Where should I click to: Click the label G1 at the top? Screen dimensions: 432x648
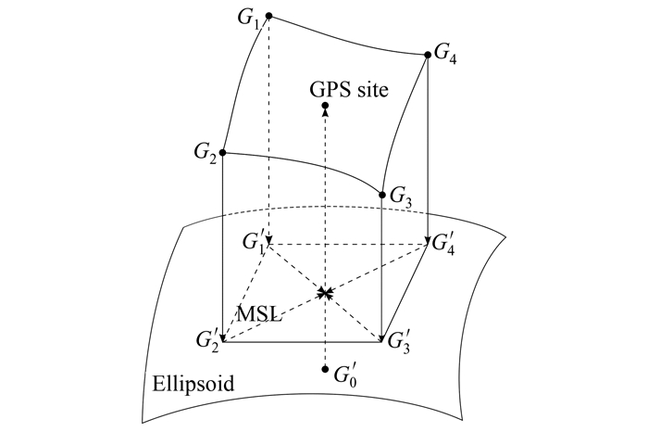[x=247, y=19]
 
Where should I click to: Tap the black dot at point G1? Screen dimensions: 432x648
[x=268, y=16]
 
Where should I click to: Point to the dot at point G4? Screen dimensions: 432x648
[x=427, y=55]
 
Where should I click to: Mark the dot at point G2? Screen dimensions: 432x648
[x=223, y=151]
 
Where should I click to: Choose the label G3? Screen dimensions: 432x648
[x=401, y=197]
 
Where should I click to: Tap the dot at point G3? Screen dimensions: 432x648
[x=382, y=195]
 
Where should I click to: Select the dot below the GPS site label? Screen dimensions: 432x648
[x=325, y=108]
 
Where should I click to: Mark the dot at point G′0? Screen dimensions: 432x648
[x=325, y=370]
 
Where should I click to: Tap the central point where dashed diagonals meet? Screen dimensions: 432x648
[x=325, y=293]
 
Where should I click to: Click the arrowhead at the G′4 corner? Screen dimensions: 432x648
[x=426, y=242]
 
